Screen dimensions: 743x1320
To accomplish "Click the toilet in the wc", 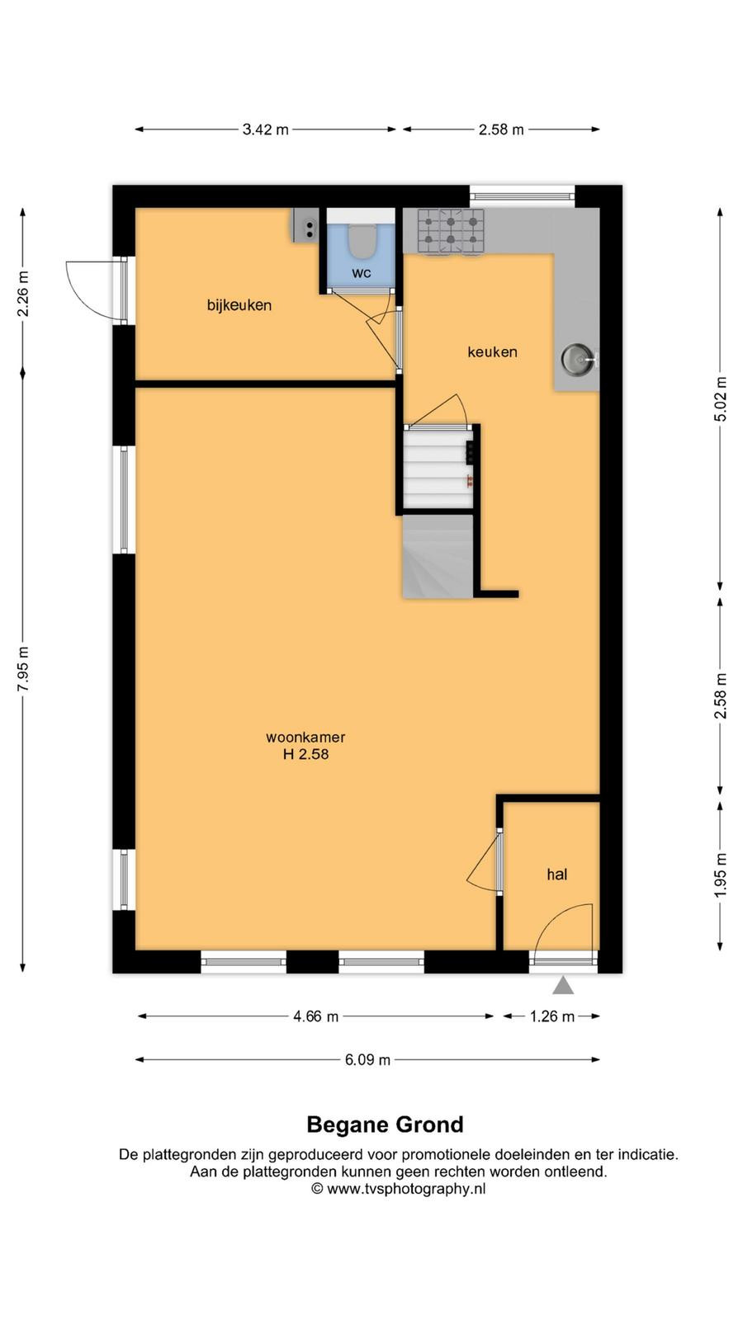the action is point(362,241).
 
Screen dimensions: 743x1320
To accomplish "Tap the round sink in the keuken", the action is point(578,359).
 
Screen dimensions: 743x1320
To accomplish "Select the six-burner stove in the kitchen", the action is point(451,232).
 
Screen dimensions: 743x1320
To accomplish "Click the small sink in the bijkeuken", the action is point(307,226).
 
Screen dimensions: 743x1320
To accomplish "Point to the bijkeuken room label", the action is point(239,305).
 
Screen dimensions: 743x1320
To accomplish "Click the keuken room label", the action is point(492,351).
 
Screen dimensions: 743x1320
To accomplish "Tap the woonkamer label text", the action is point(305,737).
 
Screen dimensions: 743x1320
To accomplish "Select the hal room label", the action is point(557,874).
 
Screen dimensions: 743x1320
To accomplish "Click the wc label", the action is point(362,273).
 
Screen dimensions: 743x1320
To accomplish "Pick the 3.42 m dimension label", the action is point(265,130).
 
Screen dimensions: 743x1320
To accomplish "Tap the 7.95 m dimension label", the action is point(23,669).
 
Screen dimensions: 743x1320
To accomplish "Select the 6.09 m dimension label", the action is point(368,1059).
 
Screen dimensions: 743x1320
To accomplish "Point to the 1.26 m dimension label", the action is point(552,1016).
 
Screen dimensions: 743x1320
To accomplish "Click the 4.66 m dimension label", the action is point(316,1016).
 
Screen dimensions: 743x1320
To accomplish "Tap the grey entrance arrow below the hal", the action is point(563,985).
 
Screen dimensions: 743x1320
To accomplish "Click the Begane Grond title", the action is point(385,1125).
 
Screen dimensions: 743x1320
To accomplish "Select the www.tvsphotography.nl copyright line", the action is point(399,1189).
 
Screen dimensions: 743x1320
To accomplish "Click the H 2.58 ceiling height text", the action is point(305,754).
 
